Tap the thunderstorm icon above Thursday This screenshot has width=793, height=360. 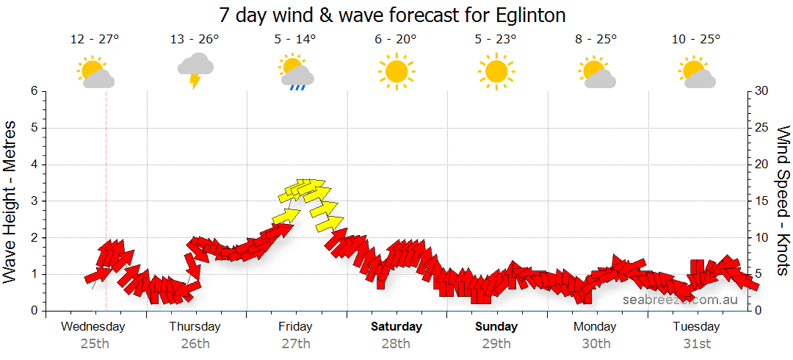coord(195,71)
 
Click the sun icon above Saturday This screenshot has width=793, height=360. coord(396,71)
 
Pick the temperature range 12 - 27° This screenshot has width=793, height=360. coord(95,39)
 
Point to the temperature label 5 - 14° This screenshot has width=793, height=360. coord(296,39)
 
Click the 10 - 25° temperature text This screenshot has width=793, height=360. coord(696,39)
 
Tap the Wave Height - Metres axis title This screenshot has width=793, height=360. coord(11,201)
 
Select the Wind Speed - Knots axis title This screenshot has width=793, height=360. coord(783,201)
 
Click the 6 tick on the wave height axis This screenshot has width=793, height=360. coord(34,91)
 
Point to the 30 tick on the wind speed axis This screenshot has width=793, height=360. coord(761,91)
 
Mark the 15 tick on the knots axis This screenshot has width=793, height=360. coord(761,201)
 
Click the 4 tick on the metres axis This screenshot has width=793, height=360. coord(34,165)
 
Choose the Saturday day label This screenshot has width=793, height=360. coord(396,327)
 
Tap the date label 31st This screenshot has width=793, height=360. coord(696,343)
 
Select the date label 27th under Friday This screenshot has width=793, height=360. coord(296,343)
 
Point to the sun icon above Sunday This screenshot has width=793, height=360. coord(496,71)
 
